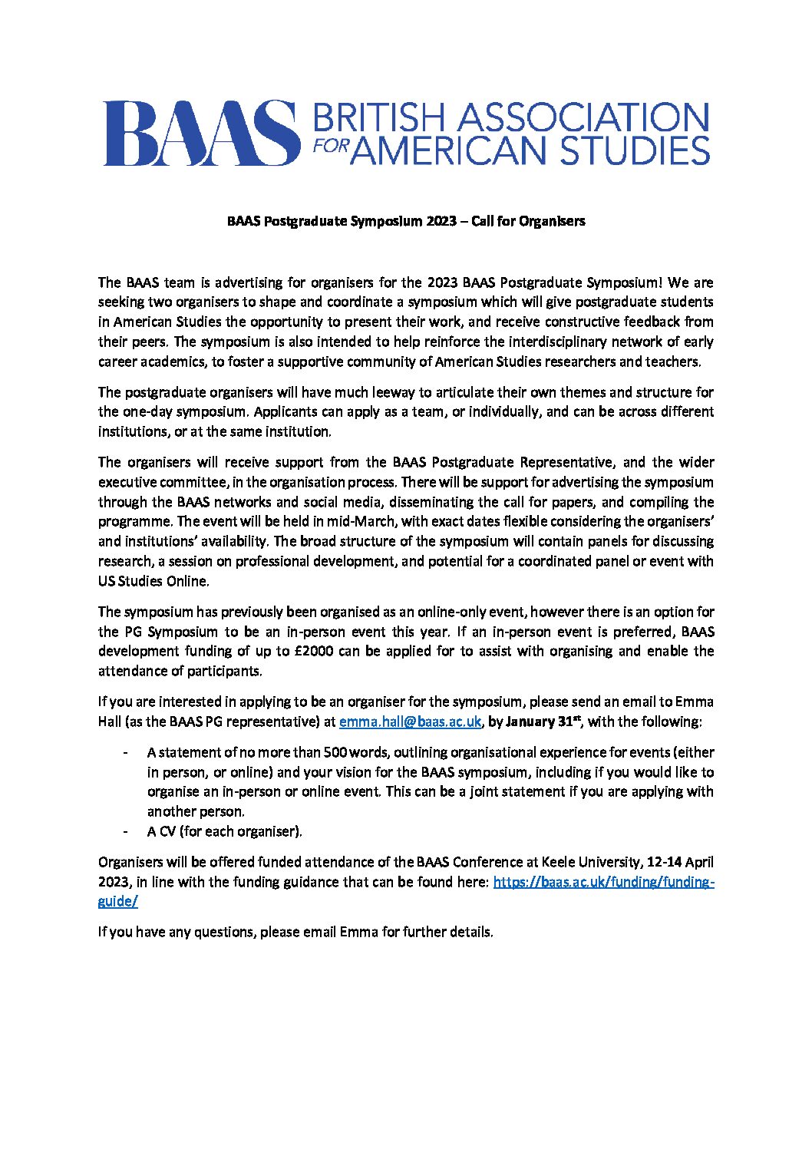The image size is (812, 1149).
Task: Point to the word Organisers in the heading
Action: point(552,221)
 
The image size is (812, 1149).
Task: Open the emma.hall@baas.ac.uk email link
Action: point(410,721)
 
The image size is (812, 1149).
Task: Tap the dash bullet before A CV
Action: point(124,831)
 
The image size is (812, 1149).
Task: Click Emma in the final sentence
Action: point(358,932)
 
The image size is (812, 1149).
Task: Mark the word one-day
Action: point(144,411)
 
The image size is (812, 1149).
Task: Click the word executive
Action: point(127,482)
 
